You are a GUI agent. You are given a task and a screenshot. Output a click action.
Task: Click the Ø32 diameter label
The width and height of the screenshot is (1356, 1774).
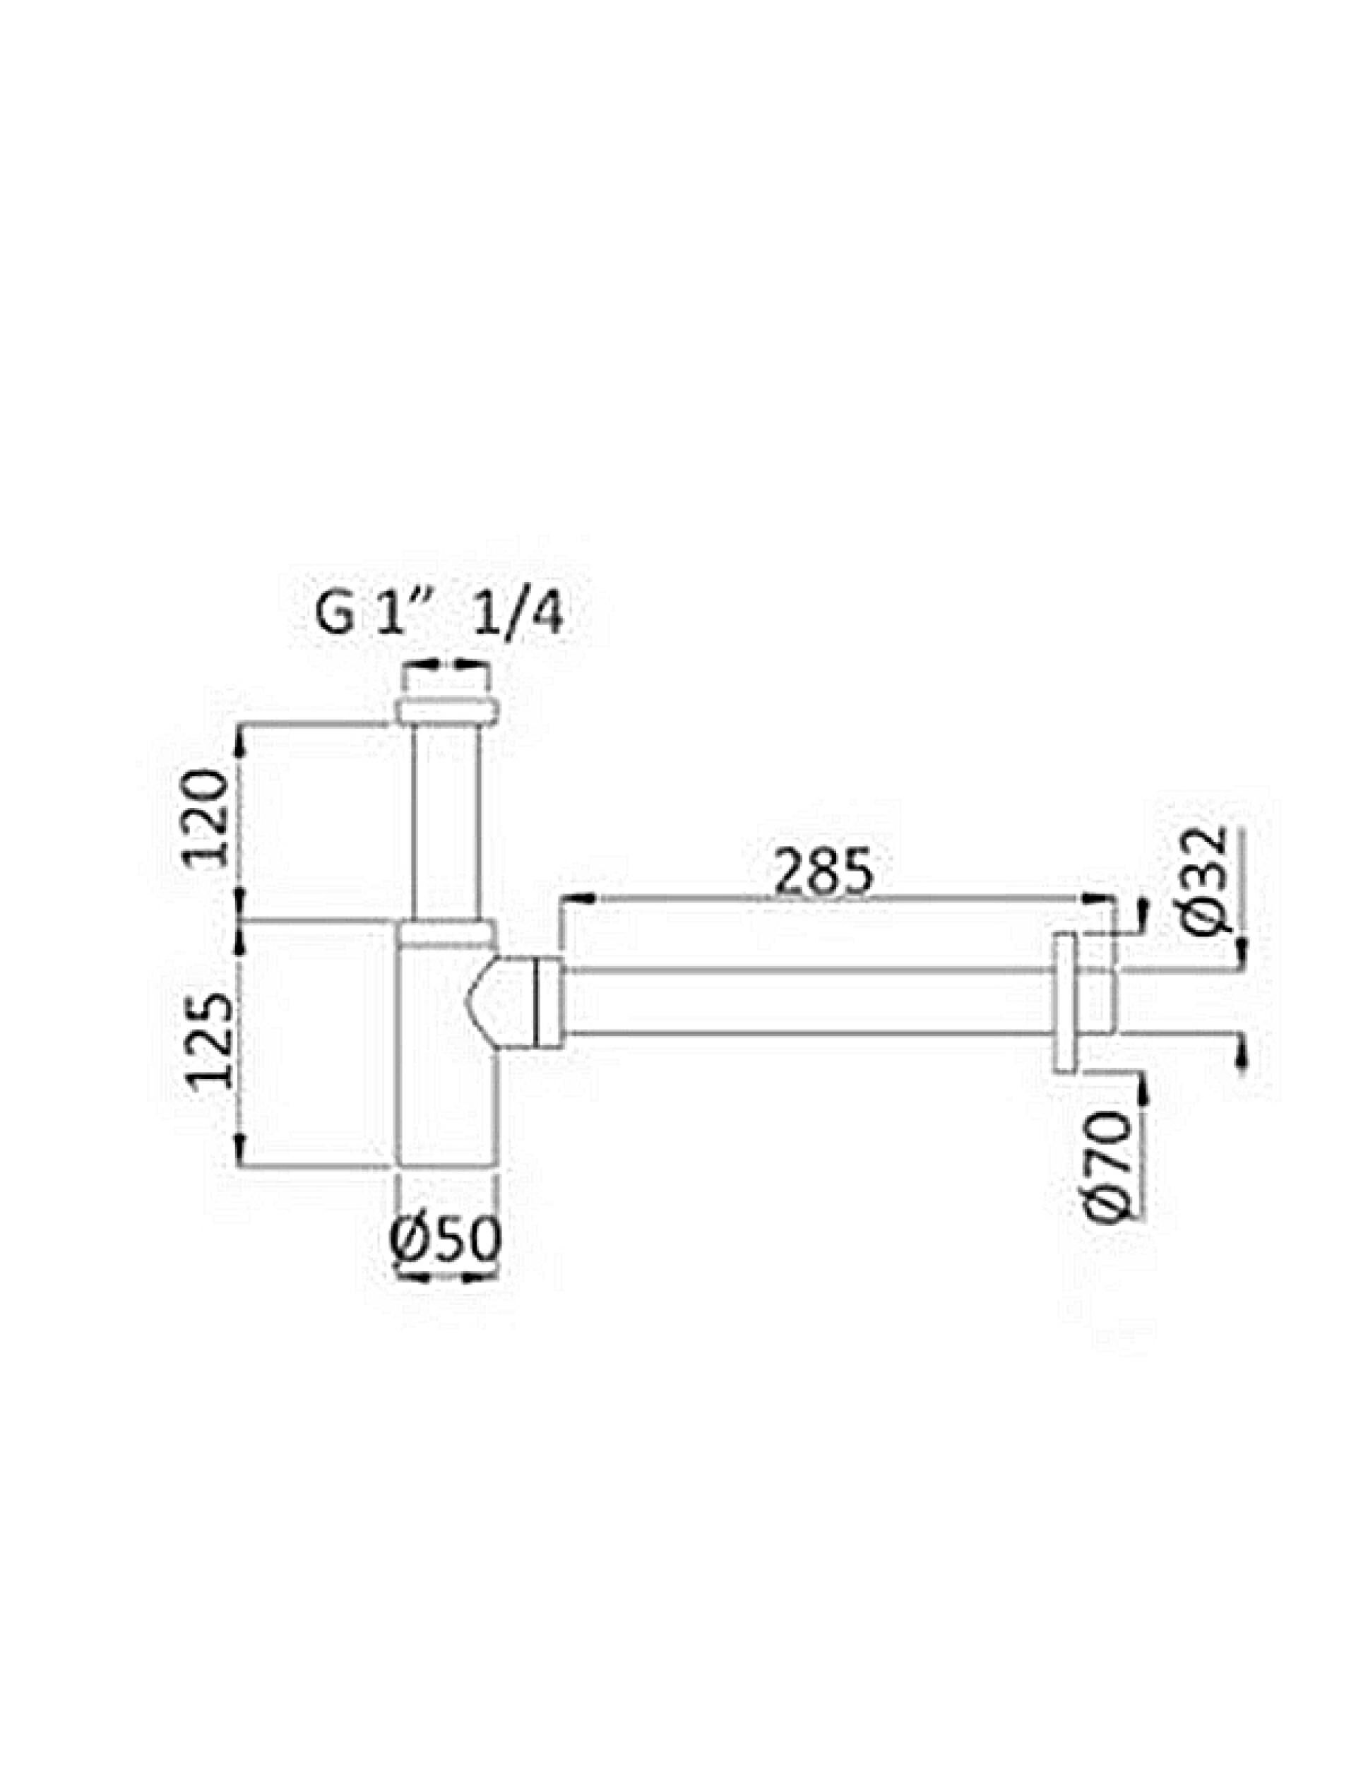[x=1209, y=881]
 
